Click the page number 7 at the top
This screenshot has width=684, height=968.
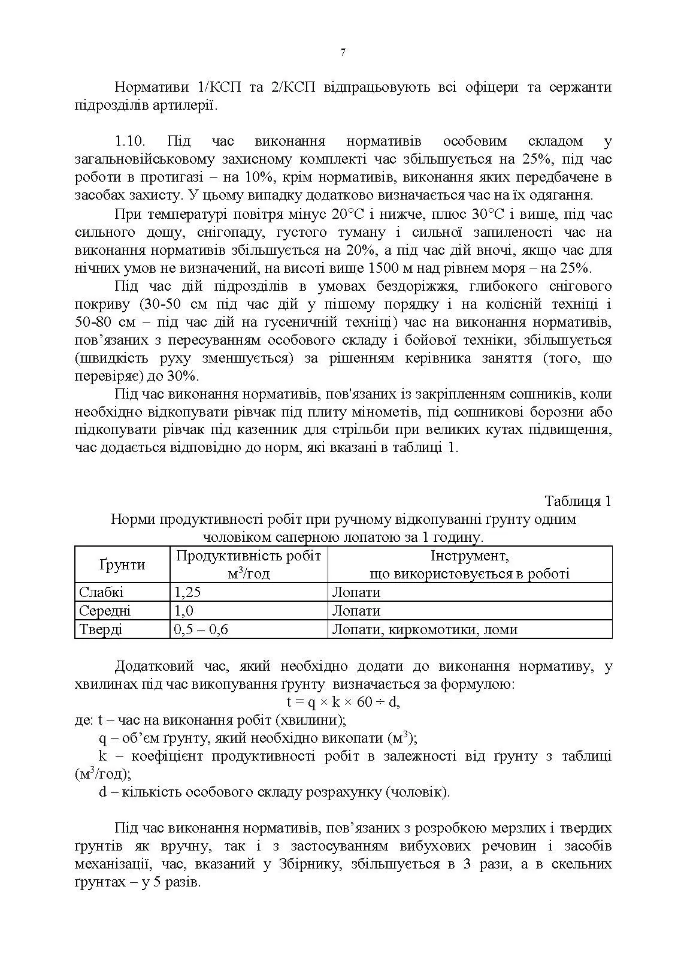(x=343, y=52)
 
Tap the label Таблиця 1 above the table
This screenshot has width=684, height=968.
(x=577, y=501)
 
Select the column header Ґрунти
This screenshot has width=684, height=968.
(x=122, y=565)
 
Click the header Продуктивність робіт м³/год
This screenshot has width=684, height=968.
(x=249, y=565)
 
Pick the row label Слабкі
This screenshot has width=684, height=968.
(x=101, y=593)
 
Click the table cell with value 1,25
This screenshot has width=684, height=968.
(x=187, y=593)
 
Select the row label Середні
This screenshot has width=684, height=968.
(x=105, y=611)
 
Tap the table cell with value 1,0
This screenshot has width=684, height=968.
(x=184, y=611)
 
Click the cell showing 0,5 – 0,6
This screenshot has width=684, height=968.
(x=201, y=629)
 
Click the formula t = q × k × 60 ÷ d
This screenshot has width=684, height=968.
(x=343, y=701)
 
